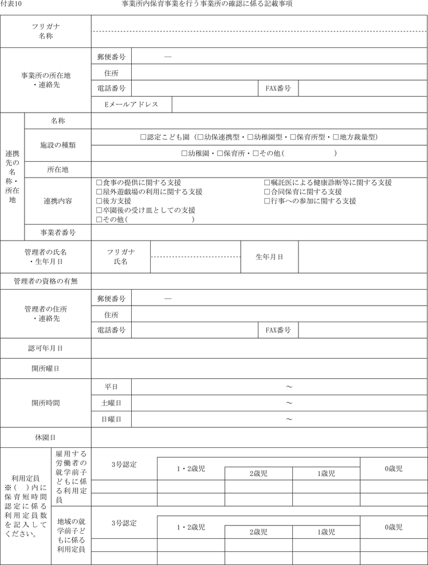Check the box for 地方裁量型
[336, 137]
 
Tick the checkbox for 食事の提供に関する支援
[99, 183]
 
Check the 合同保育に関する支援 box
[267, 192]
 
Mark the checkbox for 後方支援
[99, 201]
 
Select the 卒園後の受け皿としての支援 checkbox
[99, 210]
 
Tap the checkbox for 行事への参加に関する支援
[267, 201]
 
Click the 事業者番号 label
[58, 233]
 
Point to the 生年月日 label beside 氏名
[269, 257]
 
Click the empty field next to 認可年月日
[259, 348]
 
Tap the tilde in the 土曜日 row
[289, 403]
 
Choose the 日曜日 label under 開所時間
[111, 419]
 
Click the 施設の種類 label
[58, 145]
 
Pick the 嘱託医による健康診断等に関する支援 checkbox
[267, 183]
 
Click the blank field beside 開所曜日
[259, 368]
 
